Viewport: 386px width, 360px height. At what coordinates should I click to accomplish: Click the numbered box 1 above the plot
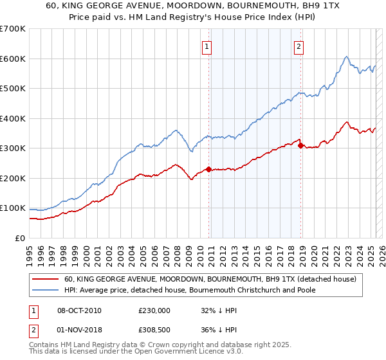point(207,46)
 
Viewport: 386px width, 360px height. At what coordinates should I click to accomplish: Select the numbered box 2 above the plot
point(300,46)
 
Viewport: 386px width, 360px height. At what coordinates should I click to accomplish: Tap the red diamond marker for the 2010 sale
point(208,170)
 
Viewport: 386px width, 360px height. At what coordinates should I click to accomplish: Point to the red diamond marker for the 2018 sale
point(300,146)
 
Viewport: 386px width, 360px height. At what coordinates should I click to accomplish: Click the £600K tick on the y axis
point(13,59)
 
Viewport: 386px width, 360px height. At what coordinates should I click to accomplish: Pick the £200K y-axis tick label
point(13,178)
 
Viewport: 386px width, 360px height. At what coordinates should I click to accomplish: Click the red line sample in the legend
point(46,280)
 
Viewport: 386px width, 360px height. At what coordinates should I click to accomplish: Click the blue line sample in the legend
point(46,291)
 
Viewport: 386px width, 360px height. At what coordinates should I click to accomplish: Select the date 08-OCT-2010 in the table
point(79,310)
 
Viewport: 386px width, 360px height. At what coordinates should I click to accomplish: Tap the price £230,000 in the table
point(154,310)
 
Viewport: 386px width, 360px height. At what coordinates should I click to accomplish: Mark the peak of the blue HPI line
point(346,57)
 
